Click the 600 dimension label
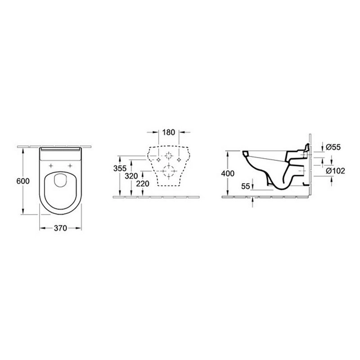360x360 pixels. (23, 181)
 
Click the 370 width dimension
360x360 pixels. (60, 228)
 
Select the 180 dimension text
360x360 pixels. (168, 132)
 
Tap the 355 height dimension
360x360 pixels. (120, 168)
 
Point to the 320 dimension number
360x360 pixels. (131, 176)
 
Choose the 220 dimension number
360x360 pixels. (143, 184)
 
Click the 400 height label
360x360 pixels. (228, 174)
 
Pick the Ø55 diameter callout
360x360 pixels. (333, 147)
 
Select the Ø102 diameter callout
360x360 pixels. (335, 171)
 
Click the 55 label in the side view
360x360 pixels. (245, 186)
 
